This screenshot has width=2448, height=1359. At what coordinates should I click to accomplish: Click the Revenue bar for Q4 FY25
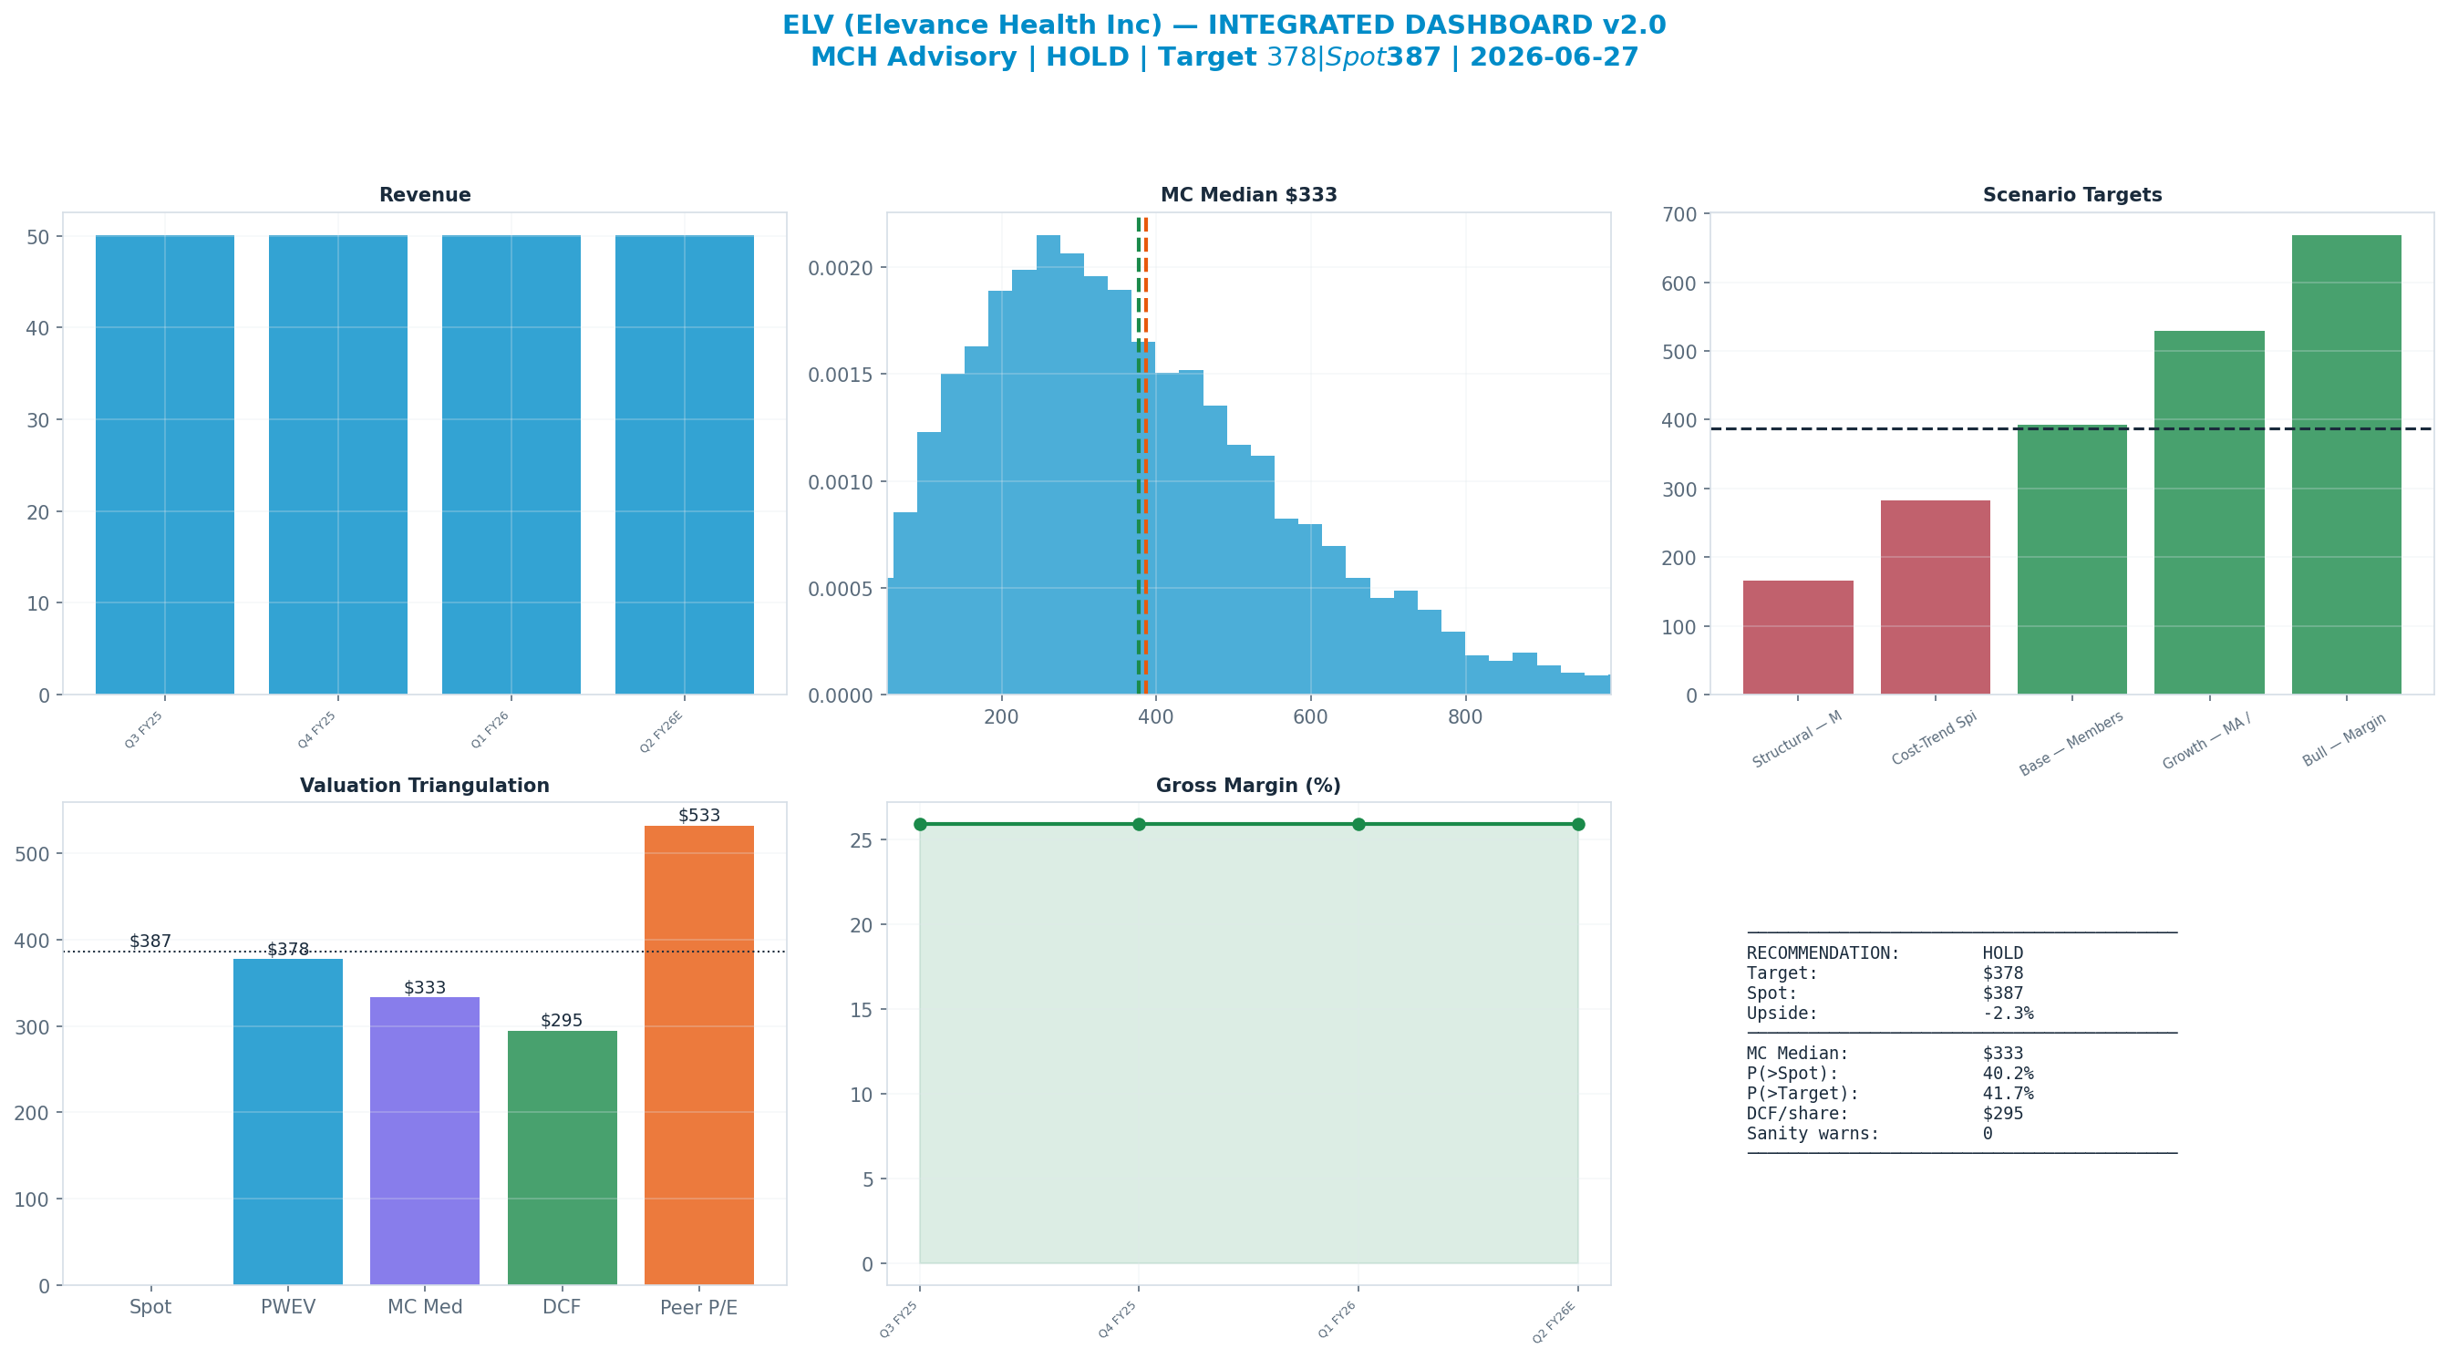[x=338, y=465]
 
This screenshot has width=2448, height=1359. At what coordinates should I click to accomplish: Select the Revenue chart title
[x=425, y=195]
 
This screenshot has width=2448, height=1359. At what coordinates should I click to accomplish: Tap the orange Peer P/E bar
[x=699, y=1055]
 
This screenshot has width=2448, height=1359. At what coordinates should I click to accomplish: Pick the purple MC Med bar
[x=425, y=1140]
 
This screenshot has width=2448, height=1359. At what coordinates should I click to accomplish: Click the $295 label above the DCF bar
[x=562, y=1021]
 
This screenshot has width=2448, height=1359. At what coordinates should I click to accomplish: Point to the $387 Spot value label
[x=150, y=942]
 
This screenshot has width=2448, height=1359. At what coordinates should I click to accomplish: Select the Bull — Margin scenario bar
[x=2346, y=465]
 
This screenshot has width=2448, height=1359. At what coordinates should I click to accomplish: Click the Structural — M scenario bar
[x=1798, y=638]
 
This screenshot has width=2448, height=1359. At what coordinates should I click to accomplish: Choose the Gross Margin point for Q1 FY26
[x=1359, y=824]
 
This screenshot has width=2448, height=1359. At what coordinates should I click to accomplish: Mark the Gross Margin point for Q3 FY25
[x=920, y=824]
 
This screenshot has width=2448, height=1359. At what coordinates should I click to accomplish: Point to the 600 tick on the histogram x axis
[x=1310, y=717]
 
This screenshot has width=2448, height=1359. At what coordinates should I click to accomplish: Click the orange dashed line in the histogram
[x=1146, y=456]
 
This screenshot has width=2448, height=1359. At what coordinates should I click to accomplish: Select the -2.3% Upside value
[x=2008, y=1013]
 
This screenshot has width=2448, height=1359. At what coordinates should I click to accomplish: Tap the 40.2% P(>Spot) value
[x=2008, y=1074]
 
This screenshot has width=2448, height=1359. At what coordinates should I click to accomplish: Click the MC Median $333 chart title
[x=1249, y=195]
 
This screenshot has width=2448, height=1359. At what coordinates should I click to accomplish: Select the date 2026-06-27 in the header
[x=1555, y=57]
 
